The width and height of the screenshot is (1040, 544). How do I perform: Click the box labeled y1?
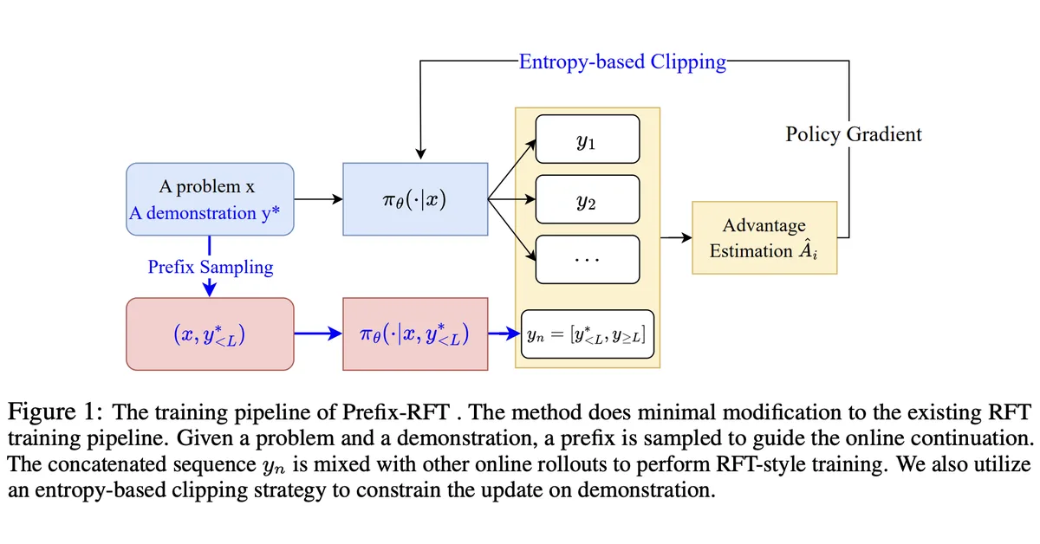coord(587,139)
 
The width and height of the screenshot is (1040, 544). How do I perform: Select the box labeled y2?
coord(587,200)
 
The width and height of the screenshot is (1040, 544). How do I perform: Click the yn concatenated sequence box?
coord(587,334)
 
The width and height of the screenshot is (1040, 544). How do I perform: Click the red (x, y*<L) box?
coord(210,334)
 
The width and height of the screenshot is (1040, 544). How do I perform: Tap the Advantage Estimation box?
coord(764,237)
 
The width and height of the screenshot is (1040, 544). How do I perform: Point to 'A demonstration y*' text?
coord(210,213)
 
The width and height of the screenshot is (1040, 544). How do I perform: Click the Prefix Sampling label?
coord(210,267)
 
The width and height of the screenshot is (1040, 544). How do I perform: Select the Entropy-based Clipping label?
coord(621,62)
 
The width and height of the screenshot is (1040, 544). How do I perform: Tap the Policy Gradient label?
coord(853,134)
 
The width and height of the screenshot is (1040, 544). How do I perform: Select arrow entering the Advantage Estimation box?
coord(676,237)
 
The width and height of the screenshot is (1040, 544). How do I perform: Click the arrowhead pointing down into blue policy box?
coord(420,156)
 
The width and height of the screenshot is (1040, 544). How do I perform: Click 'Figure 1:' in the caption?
coord(56,411)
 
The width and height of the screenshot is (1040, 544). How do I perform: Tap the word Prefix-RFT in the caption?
coord(384,411)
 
